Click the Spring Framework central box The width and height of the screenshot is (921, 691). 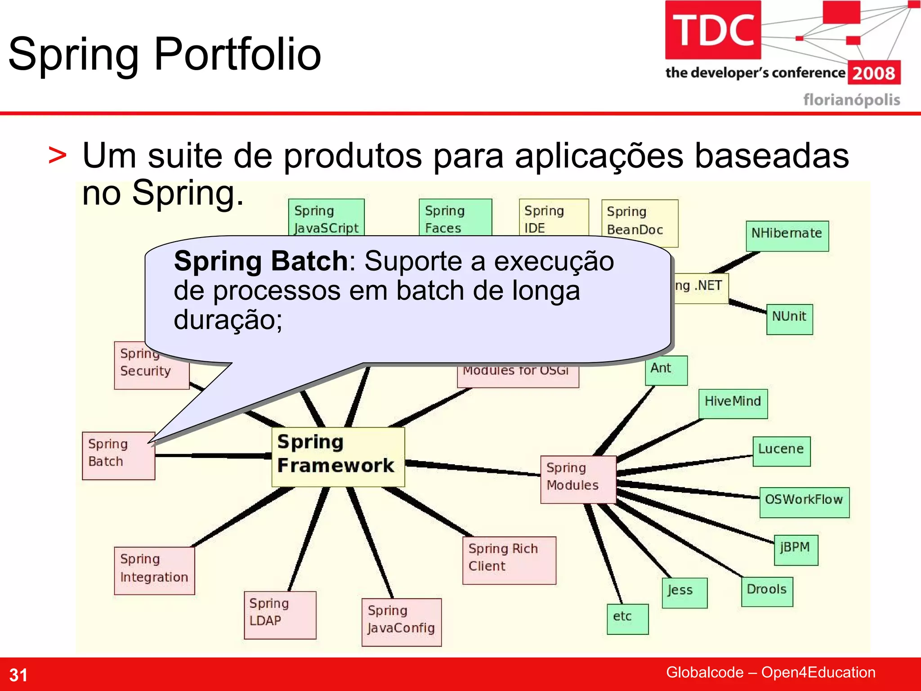click(338, 456)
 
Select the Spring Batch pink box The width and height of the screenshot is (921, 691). click(118, 455)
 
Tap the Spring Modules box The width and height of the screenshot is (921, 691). click(578, 479)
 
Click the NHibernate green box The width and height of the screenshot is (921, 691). click(787, 235)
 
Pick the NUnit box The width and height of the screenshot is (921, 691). click(789, 319)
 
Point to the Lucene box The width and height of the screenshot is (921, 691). click(781, 451)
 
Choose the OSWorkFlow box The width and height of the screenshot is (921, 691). click(804, 502)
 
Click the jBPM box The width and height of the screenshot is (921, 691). click(796, 549)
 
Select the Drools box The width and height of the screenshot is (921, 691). click(767, 591)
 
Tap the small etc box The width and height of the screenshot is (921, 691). click(627, 619)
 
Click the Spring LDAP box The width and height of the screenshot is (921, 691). click(280, 615)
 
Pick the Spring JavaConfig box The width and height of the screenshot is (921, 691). click(401, 622)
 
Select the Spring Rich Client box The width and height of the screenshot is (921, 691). click(509, 560)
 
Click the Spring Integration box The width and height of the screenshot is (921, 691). click(154, 570)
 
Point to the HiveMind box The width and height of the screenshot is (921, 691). click(733, 403)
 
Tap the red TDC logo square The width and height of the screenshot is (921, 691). click(713, 30)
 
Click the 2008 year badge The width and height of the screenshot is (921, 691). click(873, 73)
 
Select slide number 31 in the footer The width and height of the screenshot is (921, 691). click(18, 675)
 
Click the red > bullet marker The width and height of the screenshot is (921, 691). click(58, 156)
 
